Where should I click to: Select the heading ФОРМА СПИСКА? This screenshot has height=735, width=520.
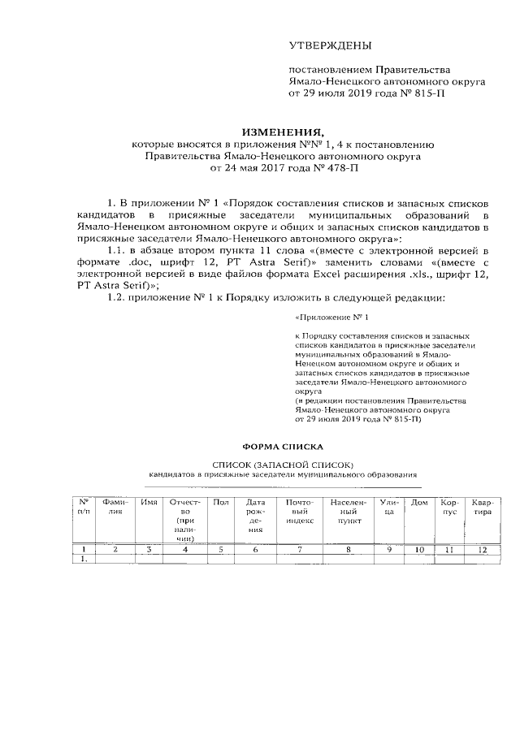pyautogui.click(x=283, y=446)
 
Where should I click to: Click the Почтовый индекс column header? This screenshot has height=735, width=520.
pyautogui.click(x=300, y=508)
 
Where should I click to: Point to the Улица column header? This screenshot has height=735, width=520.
pyautogui.click(x=389, y=508)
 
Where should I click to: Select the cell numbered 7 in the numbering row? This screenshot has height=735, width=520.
pyautogui.click(x=300, y=550)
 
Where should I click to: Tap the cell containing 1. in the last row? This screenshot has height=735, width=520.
pyautogui.click(x=83, y=559)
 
